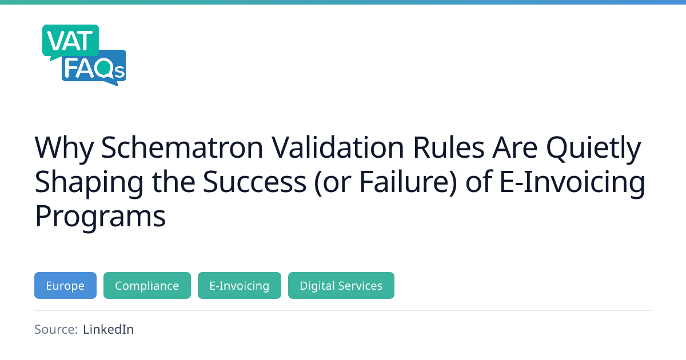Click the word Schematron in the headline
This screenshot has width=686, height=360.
pyautogui.click(x=182, y=147)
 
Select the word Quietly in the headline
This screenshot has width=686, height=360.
pyautogui.click(x=593, y=150)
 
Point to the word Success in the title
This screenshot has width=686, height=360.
pyautogui.click(x=254, y=182)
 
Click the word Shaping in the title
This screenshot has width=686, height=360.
pyautogui.click(x=89, y=183)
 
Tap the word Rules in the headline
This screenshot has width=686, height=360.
pyautogui.click(x=448, y=147)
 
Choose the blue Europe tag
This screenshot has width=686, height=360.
pyautogui.click(x=65, y=285)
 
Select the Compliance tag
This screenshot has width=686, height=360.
pyautogui.click(x=147, y=285)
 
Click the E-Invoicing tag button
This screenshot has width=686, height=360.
pyautogui.click(x=240, y=285)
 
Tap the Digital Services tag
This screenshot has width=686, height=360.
pyautogui.click(x=341, y=285)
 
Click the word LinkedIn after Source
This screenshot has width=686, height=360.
pyautogui.click(x=109, y=329)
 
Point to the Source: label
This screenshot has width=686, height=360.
pyautogui.click(x=56, y=329)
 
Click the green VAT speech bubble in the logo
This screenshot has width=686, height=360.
pyautogui.click(x=70, y=41)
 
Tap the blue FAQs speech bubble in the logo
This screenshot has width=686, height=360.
pyautogui.click(x=94, y=68)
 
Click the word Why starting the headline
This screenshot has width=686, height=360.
pyautogui.click(x=64, y=150)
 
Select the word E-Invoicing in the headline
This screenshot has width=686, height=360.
pyautogui.click(x=572, y=183)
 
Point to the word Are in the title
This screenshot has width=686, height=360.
pyautogui.click(x=515, y=147)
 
